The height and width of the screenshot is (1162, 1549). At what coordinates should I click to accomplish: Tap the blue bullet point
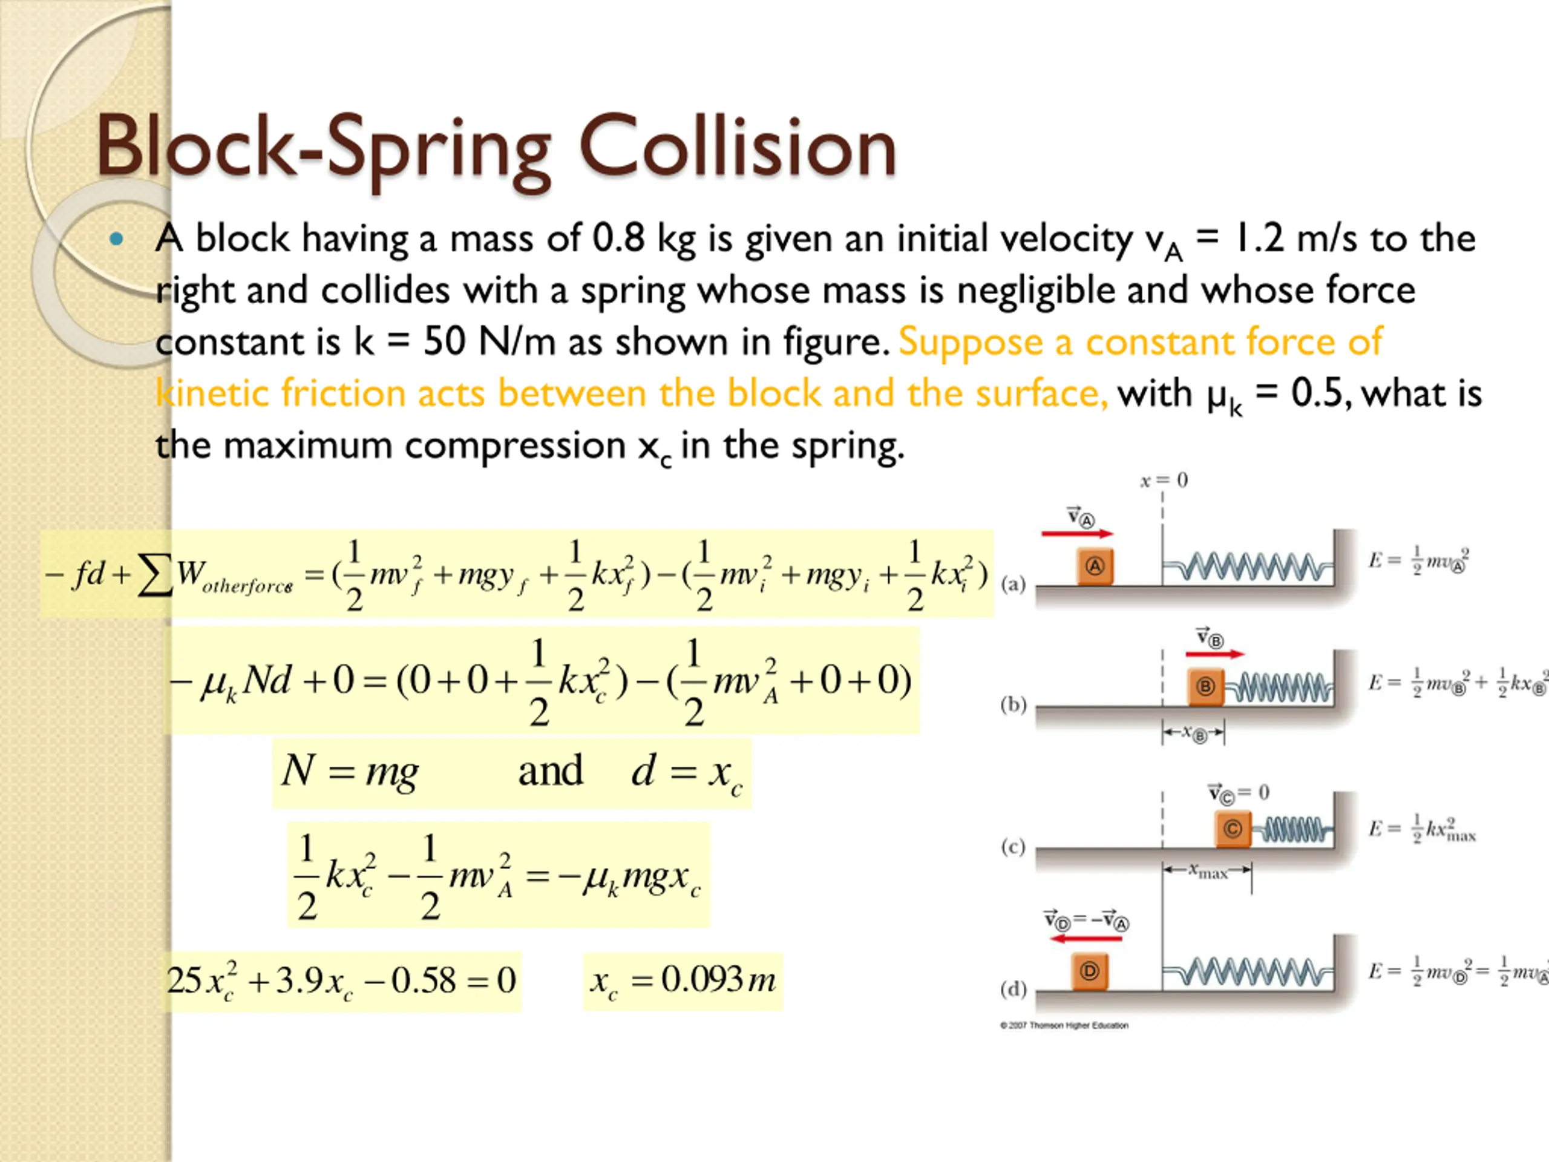[116, 240]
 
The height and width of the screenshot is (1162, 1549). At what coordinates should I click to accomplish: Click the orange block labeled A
[1095, 566]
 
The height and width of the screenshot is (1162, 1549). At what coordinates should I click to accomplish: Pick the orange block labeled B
[1205, 686]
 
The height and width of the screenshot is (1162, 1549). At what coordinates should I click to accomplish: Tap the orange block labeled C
[1233, 829]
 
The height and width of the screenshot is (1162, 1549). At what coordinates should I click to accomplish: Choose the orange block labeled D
[1090, 971]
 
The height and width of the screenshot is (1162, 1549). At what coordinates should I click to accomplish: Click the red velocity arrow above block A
[1077, 534]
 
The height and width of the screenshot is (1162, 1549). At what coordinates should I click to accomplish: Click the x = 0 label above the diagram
[1163, 481]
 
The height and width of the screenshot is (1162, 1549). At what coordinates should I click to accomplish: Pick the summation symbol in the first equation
[155, 576]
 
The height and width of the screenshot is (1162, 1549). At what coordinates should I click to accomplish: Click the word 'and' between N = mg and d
[551, 771]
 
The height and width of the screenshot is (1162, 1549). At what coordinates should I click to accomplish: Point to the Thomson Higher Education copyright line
[1064, 1025]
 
